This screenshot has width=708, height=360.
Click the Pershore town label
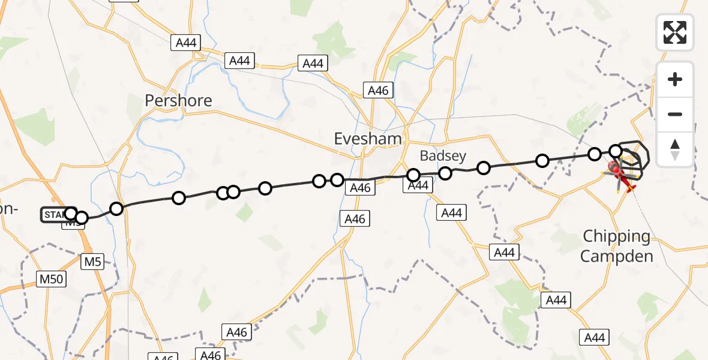pyautogui.click(x=178, y=100)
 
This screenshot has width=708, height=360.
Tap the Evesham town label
pyautogui.click(x=368, y=139)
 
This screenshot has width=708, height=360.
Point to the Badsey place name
pyautogui.click(x=443, y=156)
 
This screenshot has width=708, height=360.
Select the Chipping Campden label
pyautogui.click(x=617, y=246)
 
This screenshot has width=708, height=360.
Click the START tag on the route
pyautogui.click(x=52, y=214)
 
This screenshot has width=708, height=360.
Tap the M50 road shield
pyautogui.click(x=50, y=279)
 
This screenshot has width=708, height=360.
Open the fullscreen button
pyautogui.click(x=675, y=32)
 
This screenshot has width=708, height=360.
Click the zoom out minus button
pyautogui.click(x=675, y=114)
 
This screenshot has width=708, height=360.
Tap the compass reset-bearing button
pyautogui.click(x=675, y=149)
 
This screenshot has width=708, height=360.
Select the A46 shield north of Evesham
pyautogui.click(x=378, y=91)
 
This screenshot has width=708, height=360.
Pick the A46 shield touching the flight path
pyautogui.click(x=360, y=188)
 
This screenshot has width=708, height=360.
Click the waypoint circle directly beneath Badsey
pyautogui.click(x=445, y=173)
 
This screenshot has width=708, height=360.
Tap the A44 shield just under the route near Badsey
pyautogui.click(x=418, y=185)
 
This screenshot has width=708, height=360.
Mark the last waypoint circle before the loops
pyautogui.click(x=616, y=151)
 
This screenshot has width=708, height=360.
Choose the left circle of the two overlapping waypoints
pyautogui.click(x=223, y=193)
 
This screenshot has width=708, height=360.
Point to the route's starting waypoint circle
pyautogui.click(x=71, y=214)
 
